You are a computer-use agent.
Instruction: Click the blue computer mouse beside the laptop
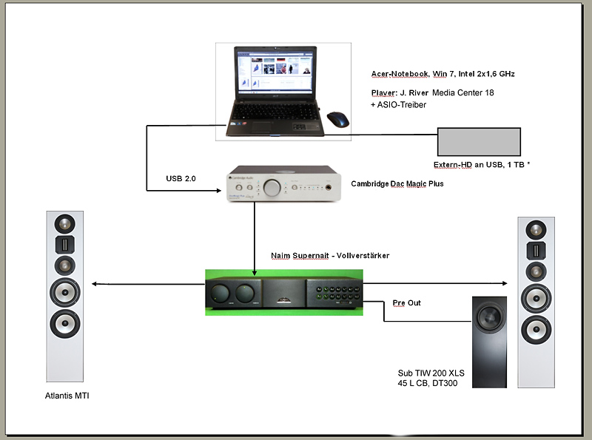point(338,119)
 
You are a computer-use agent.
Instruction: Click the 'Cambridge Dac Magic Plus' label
point(397,183)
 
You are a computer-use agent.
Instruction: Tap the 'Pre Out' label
point(406,303)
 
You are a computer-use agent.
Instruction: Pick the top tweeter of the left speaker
point(64,223)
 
